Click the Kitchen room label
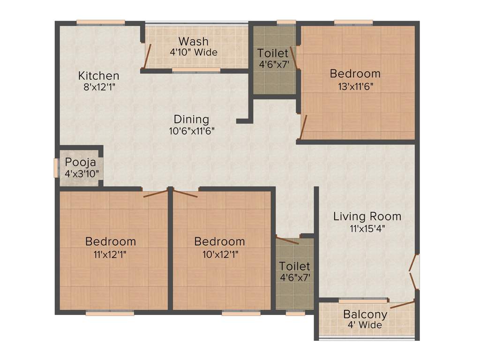point(98,75)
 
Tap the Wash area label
point(193,41)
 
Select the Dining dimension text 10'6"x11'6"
point(192,131)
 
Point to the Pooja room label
point(80,163)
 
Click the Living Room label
point(367,216)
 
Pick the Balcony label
point(365,314)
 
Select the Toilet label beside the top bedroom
point(273,53)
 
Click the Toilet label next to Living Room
point(294,266)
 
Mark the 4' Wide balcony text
point(365,325)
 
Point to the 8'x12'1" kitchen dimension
point(98,87)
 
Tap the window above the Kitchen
point(101,22)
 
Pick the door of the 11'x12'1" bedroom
point(155,193)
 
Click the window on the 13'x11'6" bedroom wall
point(353,22)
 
